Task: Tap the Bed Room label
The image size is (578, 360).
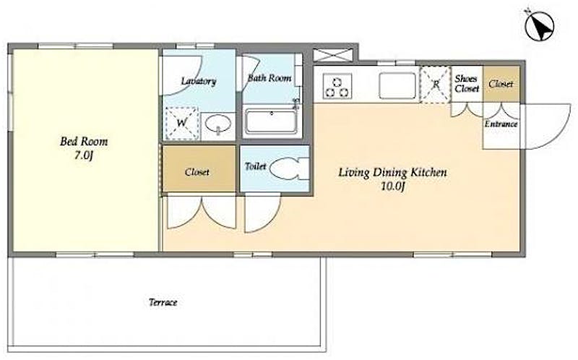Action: (x=84, y=142)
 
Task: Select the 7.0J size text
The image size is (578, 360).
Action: (x=84, y=156)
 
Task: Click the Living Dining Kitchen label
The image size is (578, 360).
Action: (x=392, y=172)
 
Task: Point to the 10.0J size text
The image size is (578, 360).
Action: (x=393, y=187)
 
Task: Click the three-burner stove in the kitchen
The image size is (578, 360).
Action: (x=337, y=86)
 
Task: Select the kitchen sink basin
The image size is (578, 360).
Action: (x=397, y=85)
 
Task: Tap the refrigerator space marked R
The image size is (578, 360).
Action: (x=436, y=84)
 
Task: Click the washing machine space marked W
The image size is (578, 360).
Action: (x=181, y=123)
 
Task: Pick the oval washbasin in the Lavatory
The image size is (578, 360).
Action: (x=218, y=124)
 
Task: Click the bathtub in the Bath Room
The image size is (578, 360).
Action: (x=272, y=121)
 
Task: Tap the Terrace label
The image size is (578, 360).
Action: (x=163, y=302)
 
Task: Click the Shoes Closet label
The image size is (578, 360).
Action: (x=467, y=84)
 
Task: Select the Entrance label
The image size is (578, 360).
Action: (x=501, y=124)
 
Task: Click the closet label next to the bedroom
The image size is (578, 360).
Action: (x=197, y=172)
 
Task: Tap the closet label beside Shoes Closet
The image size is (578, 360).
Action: (x=501, y=84)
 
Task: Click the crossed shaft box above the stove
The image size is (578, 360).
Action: (x=332, y=56)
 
